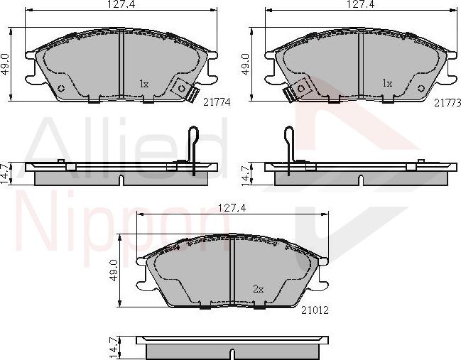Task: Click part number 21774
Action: tap(217, 102)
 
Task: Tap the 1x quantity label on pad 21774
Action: tap(143, 84)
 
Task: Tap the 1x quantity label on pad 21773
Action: tap(387, 83)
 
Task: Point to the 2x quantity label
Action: tap(259, 289)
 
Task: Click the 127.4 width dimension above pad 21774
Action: tap(121, 4)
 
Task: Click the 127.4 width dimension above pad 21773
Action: tap(361, 4)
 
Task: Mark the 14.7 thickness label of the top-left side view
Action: tap(5, 174)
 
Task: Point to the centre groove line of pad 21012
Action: tap(232, 273)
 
